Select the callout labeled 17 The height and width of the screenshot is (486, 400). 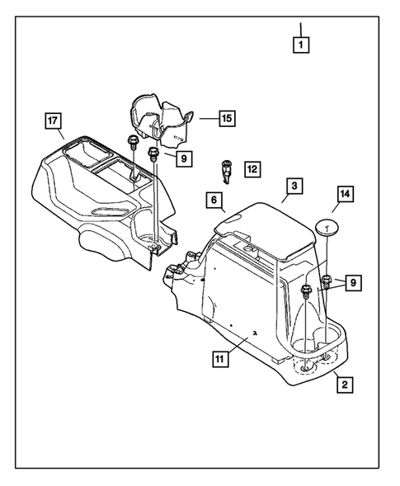pos(54,122)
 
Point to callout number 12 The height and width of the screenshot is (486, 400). pos(252,169)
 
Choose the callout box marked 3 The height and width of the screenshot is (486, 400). pos(213,200)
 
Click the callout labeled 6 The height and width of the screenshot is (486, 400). pos(213,200)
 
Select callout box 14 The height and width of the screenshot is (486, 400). pos(346,195)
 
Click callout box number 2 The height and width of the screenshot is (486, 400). pos(342,384)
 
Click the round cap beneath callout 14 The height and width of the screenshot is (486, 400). pos(329,227)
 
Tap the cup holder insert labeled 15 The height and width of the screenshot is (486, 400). pos(160,120)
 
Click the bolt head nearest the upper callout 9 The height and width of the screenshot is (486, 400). pos(153,153)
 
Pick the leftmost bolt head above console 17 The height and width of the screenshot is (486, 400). pos(131,141)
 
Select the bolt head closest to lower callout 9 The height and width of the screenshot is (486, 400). pos(327,278)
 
